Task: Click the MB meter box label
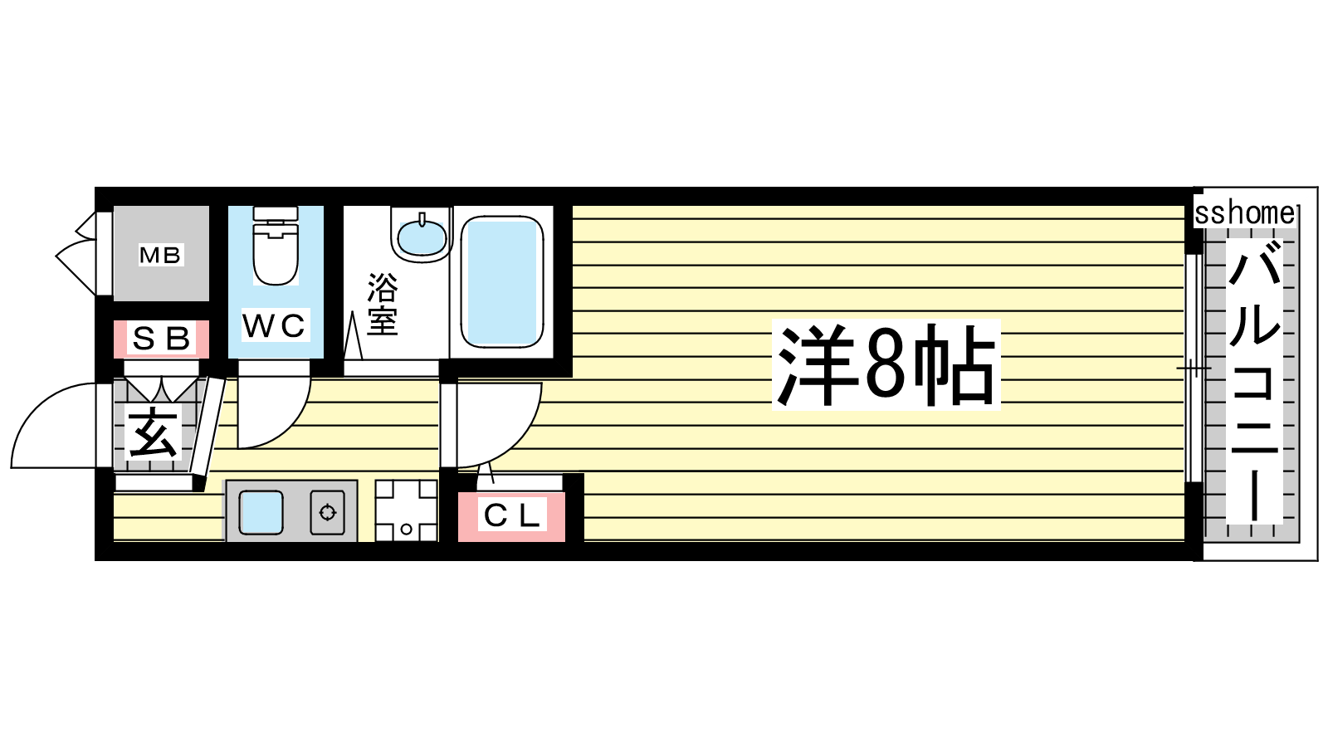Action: [x=160, y=255]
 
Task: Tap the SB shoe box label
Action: [x=161, y=339]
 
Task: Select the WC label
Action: [x=275, y=325]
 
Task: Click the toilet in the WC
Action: [x=275, y=246]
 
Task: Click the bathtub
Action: [x=502, y=282]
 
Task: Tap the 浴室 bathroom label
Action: [x=383, y=304]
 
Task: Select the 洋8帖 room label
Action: [x=886, y=364]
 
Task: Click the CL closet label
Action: [x=511, y=515]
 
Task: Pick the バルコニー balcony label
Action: [x=1254, y=382]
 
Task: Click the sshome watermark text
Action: [x=1245, y=213]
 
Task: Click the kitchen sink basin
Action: [x=261, y=513]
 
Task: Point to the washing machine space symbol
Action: [x=406, y=510]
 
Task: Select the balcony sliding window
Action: [x=1194, y=369]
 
